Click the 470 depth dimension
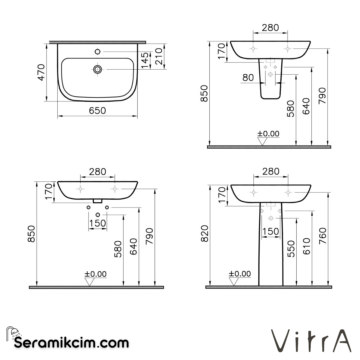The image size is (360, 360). pyautogui.click(x=41, y=72)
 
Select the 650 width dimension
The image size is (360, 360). pyautogui.click(x=97, y=110)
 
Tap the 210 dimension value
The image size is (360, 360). pyautogui.click(x=159, y=56)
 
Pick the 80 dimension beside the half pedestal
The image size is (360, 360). pyautogui.click(x=248, y=78)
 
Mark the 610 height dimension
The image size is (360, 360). pyautogui.click(x=307, y=246)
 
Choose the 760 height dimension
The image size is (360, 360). pyautogui.click(x=323, y=236)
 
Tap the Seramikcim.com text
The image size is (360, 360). pyautogui.click(x=71, y=342)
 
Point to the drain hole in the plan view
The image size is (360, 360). pyautogui.click(x=97, y=69)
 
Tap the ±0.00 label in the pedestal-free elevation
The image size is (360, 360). pyautogui.click(x=95, y=274)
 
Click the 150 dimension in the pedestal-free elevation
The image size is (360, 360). pyautogui.click(x=98, y=223)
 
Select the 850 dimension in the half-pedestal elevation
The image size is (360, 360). pyautogui.click(x=204, y=94)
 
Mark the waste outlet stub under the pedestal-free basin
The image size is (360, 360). pyautogui.click(x=97, y=201)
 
